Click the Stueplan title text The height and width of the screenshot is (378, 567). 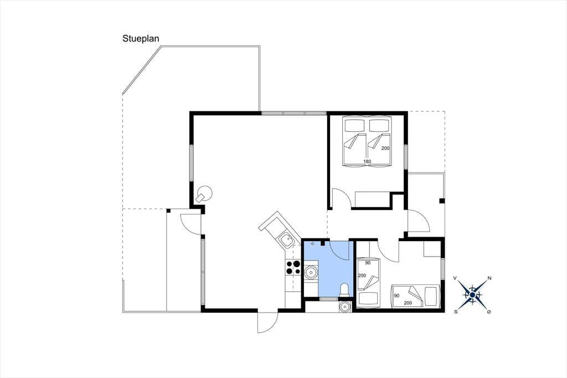[x=141, y=39]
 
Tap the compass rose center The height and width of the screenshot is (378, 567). [x=472, y=294]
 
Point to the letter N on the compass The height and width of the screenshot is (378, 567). [x=489, y=278]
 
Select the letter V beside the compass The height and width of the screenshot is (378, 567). [x=455, y=278]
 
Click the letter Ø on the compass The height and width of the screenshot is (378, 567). [x=489, y=311]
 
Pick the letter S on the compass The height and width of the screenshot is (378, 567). [x=456, y=311]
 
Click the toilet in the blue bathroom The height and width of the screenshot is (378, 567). [x=344, y=290]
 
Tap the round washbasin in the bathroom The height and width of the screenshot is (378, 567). [x=311, y=272]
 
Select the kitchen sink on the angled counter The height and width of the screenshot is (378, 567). [x=286, y=240]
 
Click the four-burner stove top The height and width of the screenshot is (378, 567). [x=293, y=267]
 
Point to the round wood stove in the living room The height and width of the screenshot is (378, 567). [x=204, y=193]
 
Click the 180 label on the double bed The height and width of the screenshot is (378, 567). [x=367, y=161]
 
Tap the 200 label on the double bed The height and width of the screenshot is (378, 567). [x=385, y=148]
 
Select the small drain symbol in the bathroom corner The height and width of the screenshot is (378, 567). [x=312, y=244]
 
